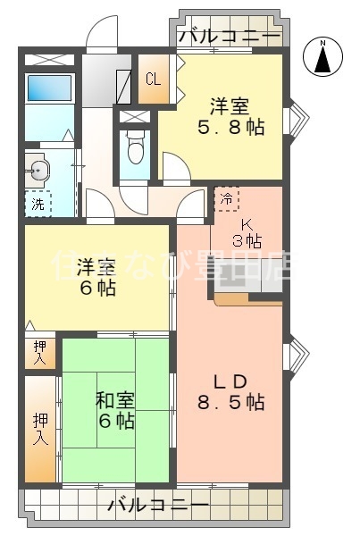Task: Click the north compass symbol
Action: tap(325, 58)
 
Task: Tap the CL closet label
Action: tap(153, 79)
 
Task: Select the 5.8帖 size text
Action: tap(230, 126)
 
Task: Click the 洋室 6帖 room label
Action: tap(96, 276)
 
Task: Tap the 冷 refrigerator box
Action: tap(227, 198)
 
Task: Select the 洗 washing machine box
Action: tap(38, 203)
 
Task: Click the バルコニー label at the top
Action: tap(230, 37)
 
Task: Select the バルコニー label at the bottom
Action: tap(158, 506)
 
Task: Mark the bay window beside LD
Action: tap(298, 357)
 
